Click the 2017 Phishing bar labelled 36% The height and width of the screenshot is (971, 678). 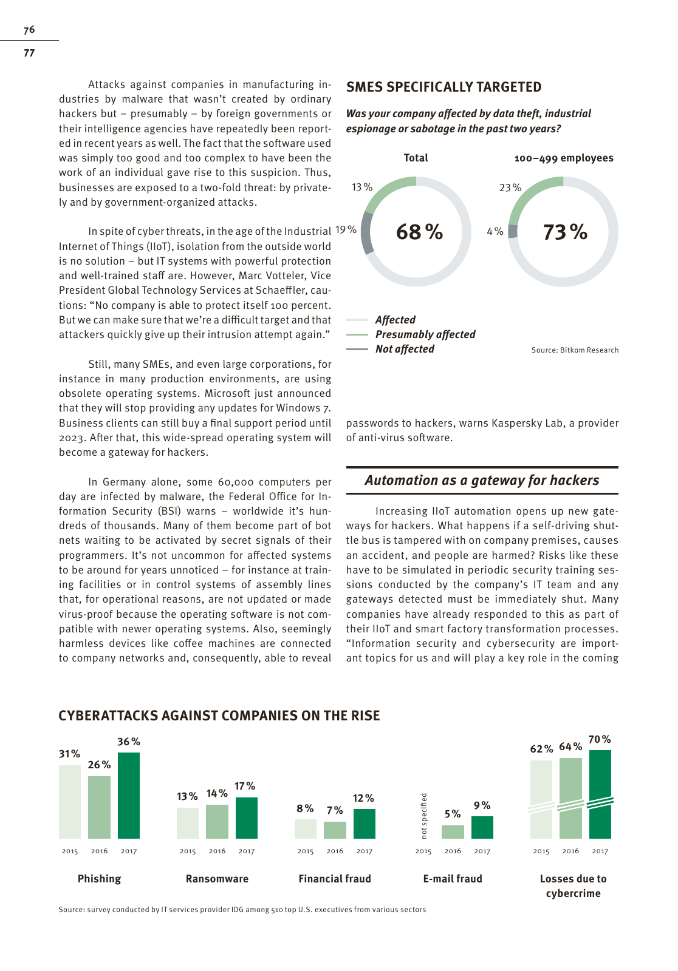click(x=129, y=795)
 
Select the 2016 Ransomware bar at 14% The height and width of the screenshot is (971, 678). click(x=217, y=821)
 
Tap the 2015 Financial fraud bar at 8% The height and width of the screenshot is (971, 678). click(x=306, y=828)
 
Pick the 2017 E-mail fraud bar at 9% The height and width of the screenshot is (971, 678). click(x=482, y=827)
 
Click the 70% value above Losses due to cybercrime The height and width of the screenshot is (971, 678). click(x=600, y=739)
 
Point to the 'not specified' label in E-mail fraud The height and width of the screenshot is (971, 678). click(x=424, y=816)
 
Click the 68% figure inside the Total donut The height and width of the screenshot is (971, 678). click(x=419, y=231)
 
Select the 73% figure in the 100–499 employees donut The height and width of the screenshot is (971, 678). click(x=565, y=232)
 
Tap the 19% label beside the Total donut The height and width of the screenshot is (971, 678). click(x=346, y=229)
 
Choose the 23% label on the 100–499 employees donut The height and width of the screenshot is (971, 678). click(x=510, y=188)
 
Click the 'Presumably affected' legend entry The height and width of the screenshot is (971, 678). click(x=425, y=334)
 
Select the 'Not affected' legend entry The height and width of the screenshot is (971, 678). click(x=405, y=349)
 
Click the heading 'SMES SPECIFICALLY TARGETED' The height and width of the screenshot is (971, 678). click(x=443, y=87)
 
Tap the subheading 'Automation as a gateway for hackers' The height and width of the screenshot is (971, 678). click(x=482, y=480)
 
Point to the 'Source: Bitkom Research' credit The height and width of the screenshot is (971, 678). click(x=575, y=350)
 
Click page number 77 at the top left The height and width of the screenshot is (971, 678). click(x=29, y=53)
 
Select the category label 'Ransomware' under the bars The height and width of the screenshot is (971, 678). click(x=217, y=879)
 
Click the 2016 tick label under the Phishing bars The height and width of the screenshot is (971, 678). click(x=99, y=851)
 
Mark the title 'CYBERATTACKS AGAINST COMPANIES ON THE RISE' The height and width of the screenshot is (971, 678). click(x=219, y=716)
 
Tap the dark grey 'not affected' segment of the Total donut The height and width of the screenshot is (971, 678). click(x=366, y=233)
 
